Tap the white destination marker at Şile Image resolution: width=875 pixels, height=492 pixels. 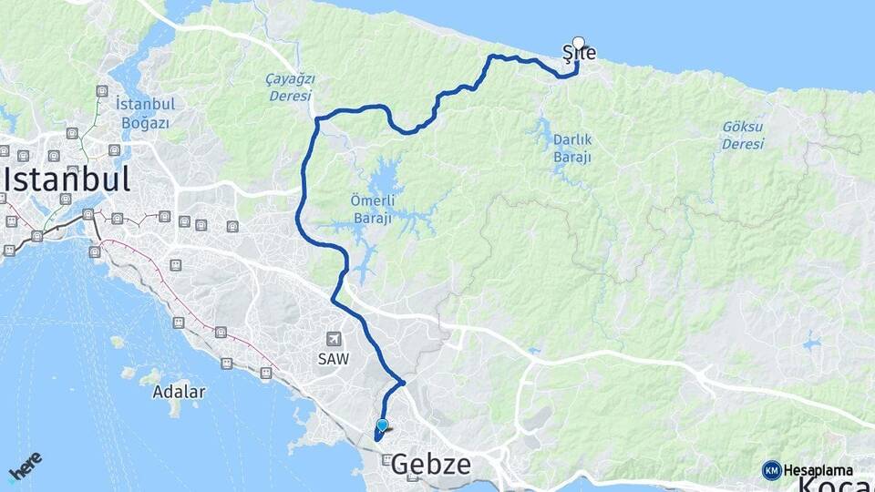pyautogui.click(x=578, y=42)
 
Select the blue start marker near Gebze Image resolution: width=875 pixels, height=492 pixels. pyautogui.click(x=382, y=425)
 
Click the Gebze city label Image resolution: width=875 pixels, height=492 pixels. pyautogui.click(x=431, y=466)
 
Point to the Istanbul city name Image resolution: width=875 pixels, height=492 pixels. pyautogui.click(x=67, y=179)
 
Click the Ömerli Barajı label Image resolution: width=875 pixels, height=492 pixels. pyautogui.click(x=371, y=211)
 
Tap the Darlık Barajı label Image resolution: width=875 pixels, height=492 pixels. pyautogui.click(x=572, y=149)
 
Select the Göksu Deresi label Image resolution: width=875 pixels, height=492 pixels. pyautogui.click(x=742, y=136)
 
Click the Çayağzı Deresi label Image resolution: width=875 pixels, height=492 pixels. pyautogui.click(x=289, y=87)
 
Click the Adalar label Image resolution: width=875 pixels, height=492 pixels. pyautogui.click(x=180, y=392)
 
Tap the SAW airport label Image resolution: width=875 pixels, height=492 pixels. pyautogui.click(x=334, y=359)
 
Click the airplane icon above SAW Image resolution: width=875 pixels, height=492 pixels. pyautogui.click(x=334, y=339)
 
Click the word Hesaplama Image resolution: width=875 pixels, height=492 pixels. pyautogui.click(x=818, y=470)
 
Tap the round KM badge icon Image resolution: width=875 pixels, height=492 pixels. pyautogui.click(x=771, y=470)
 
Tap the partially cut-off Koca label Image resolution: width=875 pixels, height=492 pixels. pyautogui.click(x=834, y=485)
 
